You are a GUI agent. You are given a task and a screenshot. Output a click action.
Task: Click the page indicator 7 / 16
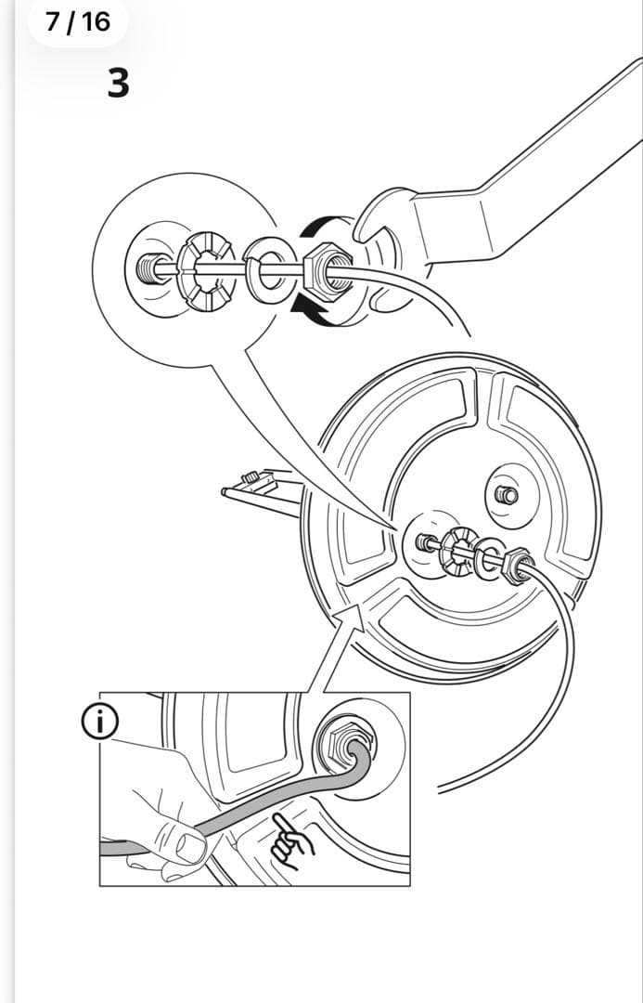(x=77, y=21)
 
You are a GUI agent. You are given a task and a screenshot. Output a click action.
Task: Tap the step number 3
(x=118, y=84)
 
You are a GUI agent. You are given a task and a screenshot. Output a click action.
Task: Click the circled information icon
(x=99, y=722)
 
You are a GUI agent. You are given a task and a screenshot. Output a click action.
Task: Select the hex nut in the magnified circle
(x=328, y=272)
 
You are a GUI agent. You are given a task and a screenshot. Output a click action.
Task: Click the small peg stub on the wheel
(x=507, y=494)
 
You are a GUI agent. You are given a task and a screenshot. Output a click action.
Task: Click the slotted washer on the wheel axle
(x=457, y=552)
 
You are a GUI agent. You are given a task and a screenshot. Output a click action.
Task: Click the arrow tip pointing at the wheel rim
(x=358, y=606)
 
